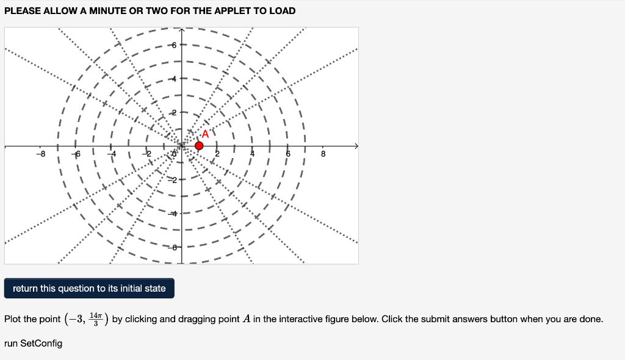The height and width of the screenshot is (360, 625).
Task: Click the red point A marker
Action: tap(199, 145)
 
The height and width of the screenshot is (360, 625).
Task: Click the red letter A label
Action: tap(205, 134)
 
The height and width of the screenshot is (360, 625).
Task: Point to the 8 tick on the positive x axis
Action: tap(323, 154)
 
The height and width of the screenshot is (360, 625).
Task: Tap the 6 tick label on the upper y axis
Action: tap(174, 46)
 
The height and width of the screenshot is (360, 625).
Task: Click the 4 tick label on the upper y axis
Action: tap(174, 79)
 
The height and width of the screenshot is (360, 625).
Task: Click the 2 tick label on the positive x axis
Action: tap(216, 154)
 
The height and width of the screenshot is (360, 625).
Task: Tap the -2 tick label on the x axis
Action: tap(146, 154)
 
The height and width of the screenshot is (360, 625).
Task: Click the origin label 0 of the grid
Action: tap(175, 154)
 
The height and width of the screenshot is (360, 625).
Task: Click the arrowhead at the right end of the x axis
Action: tap(356, 146)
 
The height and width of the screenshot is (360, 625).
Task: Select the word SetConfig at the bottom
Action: tap(42, 344)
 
